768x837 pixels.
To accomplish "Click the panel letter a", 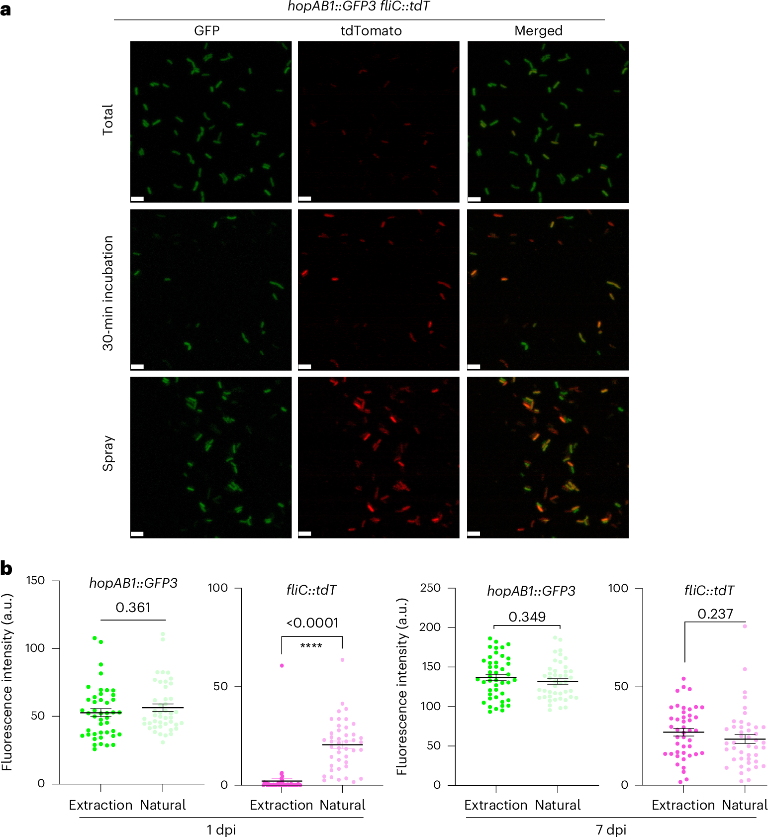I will point(5,9).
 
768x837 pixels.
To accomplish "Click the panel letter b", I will point(6,568).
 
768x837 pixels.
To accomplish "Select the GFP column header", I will point(206,31).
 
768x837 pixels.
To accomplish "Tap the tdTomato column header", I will point(371,31).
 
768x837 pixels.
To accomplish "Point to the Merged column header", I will point(538,31).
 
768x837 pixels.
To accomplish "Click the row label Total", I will point(108,119).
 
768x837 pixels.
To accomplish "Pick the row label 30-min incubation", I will point(108,293).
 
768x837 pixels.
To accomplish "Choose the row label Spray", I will point(108,453).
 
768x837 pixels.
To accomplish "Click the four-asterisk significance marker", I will point(311,646).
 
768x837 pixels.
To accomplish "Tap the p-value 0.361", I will point(133,608).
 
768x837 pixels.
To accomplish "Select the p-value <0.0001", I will point(312,623).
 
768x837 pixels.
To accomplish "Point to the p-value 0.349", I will point(527,617).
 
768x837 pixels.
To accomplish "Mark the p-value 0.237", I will point(715,614).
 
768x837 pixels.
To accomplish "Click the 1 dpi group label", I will point(221,830).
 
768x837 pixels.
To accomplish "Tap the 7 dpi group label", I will point(611,830).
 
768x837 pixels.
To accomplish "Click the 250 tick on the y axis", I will point(430,588).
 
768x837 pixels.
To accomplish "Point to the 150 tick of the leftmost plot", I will point(35,581).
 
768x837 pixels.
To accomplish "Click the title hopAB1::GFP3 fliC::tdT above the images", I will point(359,6).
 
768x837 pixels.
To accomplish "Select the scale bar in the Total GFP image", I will point(137,199).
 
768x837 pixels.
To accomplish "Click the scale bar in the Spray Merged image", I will point(474,534).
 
